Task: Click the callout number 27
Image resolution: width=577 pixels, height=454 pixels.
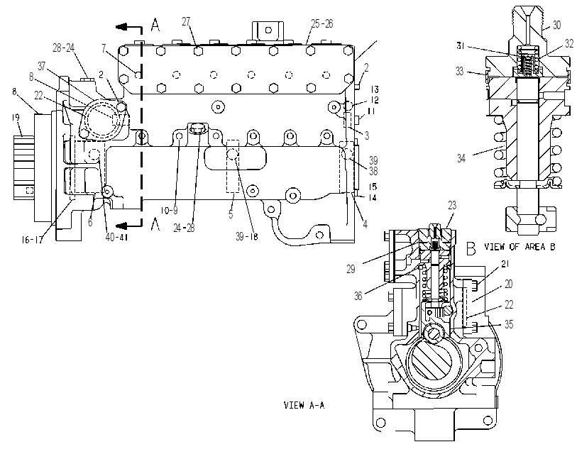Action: pos(187,22)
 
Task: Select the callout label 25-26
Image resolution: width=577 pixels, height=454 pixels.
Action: pos(322,24)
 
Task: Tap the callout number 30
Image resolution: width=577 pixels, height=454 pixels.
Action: pos(556,25)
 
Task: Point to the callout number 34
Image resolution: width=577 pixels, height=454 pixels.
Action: pos(461,158)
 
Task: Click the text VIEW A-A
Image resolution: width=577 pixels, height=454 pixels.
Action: pos(304,405)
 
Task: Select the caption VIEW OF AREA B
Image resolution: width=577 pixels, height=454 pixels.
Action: pos(520,247)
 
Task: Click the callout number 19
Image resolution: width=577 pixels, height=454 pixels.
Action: pos(16,117)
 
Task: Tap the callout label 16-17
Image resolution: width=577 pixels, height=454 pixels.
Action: pos(32,240)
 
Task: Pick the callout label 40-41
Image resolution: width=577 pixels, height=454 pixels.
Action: pos(116,238)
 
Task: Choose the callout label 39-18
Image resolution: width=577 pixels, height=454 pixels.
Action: pos(247,236)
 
